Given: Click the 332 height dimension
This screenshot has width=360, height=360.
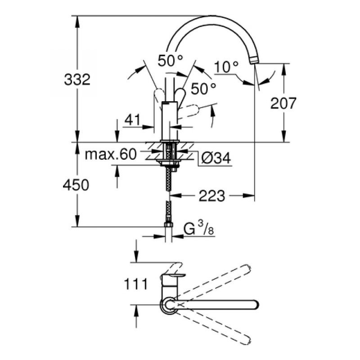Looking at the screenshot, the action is coord(77,80).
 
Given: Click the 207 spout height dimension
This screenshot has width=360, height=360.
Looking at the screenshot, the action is coord(283,103).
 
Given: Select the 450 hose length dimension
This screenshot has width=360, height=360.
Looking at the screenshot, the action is coord(76,185).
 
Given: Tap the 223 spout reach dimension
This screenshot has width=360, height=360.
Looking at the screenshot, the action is coord(211,196).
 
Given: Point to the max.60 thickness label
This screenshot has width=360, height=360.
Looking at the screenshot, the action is coord(111,154).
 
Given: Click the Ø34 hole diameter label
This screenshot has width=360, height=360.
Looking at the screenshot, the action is coord(216,158).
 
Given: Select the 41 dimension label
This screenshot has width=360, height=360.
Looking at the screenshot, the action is coord(132,120).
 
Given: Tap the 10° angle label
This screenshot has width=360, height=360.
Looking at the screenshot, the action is coord(226,67).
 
